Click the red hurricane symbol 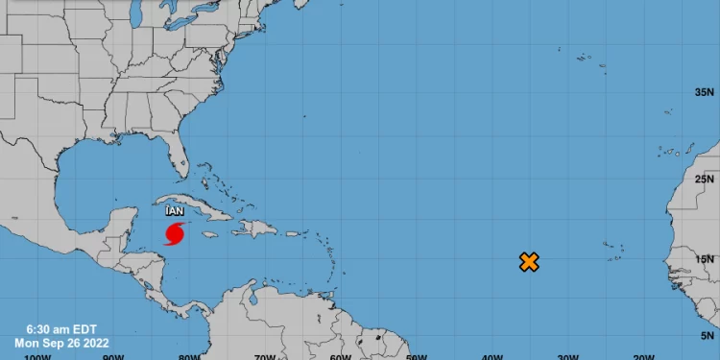tap(175, 233)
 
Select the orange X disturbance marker tap(528, 261)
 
